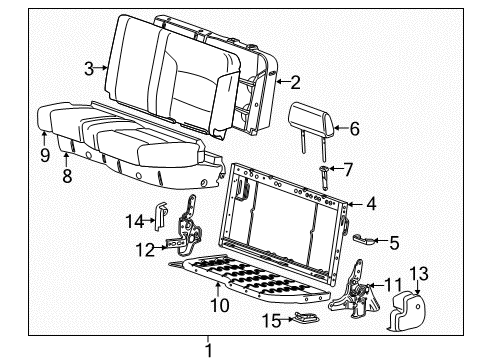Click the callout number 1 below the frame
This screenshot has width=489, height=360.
(x=209, y=349)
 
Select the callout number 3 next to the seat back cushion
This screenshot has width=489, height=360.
(x=89, y=68)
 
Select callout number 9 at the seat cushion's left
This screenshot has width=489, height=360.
(x=45, y=155)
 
